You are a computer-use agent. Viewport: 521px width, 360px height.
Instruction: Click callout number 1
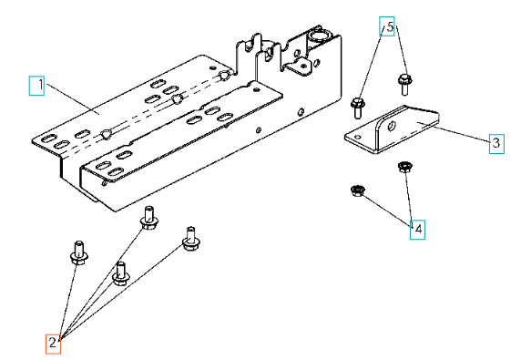click(36, 86)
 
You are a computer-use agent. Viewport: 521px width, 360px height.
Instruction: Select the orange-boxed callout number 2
click(53, 344)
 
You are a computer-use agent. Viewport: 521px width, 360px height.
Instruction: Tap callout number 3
click(496, 144)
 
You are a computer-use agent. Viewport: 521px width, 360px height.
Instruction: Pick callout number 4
click(417, 230)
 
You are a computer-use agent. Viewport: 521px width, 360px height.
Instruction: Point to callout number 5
click(387, 26)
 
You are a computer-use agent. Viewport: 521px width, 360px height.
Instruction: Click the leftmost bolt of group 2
click(79, 252)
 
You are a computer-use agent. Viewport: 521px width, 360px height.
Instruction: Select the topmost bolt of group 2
click(149, 218)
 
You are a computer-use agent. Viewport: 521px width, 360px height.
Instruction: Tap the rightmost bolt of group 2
click(191, 239)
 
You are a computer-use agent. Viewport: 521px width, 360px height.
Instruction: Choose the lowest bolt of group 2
click(121, 273)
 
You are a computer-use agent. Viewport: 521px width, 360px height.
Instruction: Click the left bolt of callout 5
click(358, 108)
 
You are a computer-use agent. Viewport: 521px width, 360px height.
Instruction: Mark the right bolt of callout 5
click(404, 85)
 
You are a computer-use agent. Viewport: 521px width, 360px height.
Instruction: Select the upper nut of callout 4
click(404, 167)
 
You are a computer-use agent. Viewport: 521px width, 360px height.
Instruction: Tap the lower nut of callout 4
click(358, 190)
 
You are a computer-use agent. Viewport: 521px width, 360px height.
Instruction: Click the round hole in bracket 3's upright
click(393, 126)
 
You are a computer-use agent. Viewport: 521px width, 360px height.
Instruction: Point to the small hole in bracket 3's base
click(358, 137)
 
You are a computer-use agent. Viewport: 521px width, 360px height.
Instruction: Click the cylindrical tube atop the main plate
click(319, 36)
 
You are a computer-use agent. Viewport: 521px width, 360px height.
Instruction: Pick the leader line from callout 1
click(73, 99)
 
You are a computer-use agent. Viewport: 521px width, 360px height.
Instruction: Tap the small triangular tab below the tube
click(301, 66)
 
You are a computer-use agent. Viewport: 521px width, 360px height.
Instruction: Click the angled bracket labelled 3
click(392, 129)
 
